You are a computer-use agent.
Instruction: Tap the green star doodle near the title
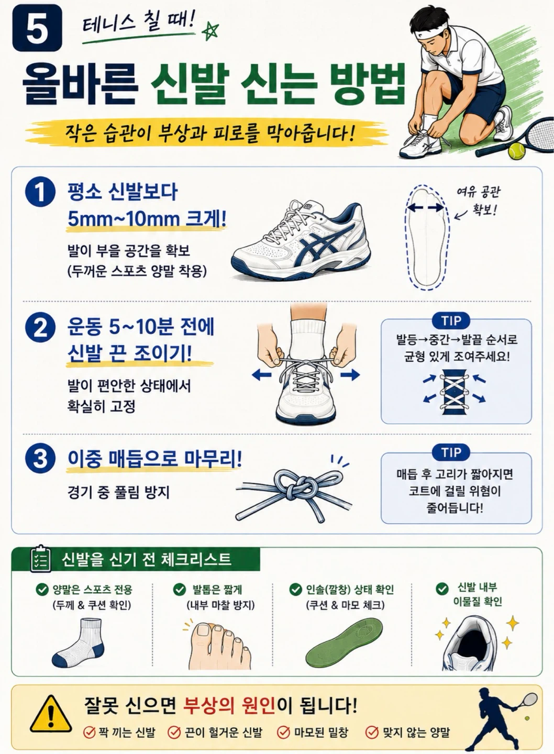(210, 31)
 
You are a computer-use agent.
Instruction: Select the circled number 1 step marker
(40, 192)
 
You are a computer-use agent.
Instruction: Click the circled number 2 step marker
(40, 327)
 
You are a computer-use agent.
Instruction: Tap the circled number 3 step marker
(40, 459)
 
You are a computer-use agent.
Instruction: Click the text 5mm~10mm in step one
(124, 219)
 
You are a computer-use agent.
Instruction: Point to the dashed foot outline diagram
(427, 237)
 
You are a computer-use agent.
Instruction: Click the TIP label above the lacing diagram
(451, 320)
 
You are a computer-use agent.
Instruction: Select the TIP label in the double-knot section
(451, 453)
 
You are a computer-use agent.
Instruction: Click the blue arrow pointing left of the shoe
(261, 375)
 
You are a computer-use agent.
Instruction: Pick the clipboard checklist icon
(40, 559)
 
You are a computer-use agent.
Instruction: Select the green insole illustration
(344, 642)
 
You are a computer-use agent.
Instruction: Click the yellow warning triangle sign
(50, 714)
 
